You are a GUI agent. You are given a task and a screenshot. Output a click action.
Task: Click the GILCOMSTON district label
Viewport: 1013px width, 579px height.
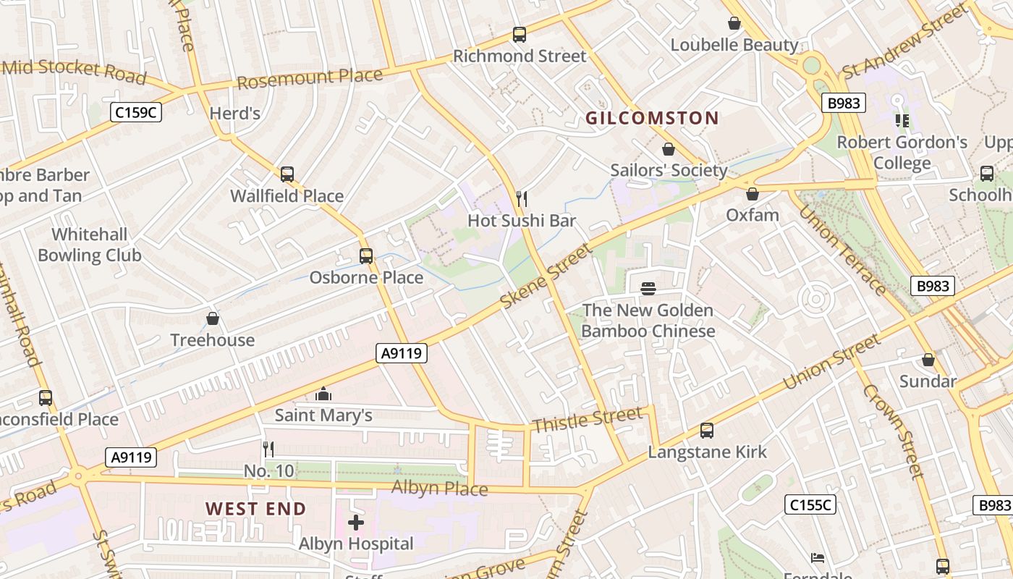(x=652, y=118)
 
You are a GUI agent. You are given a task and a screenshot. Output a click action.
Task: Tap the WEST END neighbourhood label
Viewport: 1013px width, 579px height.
(x=255, y=509)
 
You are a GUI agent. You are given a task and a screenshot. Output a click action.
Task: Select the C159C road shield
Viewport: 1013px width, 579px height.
(x=135, y=112)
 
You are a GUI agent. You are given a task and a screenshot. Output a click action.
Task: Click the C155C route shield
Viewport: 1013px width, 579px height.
(x=810, y=504)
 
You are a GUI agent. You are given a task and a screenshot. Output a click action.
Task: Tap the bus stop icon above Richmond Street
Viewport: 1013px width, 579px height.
(x=519, y=34)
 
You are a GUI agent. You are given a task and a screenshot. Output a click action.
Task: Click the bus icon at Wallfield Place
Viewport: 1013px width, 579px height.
(x=287, y=174)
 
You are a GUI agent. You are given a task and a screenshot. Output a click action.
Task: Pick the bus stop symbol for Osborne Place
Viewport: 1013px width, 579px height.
(x=366, y=255)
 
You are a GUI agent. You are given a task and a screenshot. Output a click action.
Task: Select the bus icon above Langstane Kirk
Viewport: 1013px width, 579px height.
(x=707, y=431)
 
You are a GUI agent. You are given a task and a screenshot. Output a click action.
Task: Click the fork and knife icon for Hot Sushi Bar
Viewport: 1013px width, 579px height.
(x=521, y=199)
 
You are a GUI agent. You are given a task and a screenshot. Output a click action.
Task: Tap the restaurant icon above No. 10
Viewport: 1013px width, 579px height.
(x=268, y=449)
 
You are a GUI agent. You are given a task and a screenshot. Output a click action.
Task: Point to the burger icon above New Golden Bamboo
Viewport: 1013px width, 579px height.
(x=648, y=289)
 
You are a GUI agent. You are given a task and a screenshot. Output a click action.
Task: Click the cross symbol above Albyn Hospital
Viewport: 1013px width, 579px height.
(x=356, y=522)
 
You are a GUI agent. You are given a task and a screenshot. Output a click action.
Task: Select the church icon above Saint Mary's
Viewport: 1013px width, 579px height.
(x=323, y=394)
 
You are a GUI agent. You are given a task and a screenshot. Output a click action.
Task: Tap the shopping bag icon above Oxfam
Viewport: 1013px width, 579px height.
(x=753, y=194)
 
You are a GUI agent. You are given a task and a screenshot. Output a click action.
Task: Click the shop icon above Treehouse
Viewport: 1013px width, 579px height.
(x=213, y=318)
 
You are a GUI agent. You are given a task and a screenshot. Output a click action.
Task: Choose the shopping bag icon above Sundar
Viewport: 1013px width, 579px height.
(x=928, y=360)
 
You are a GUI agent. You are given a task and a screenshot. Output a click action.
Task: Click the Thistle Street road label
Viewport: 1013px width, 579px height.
(x=587, y=419)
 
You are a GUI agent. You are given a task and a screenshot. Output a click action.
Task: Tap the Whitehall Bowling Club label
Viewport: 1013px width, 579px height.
(x=90, y=245)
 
